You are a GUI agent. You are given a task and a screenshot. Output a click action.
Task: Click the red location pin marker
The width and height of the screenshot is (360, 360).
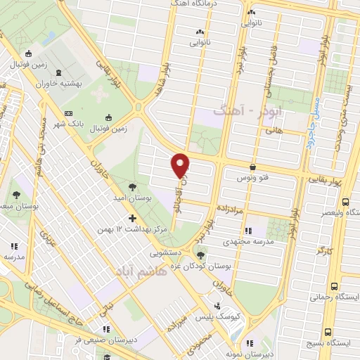coord(181,165)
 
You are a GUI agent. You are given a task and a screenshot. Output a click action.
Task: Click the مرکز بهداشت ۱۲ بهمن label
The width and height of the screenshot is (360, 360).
coord(131,231)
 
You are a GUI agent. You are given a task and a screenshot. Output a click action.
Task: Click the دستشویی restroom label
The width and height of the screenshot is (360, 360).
coord(165,250)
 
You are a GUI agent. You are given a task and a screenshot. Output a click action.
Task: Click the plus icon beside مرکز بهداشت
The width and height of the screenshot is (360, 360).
coord(131,219)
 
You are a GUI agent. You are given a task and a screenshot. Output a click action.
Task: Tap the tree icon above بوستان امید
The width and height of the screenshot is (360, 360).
coord(132,187)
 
